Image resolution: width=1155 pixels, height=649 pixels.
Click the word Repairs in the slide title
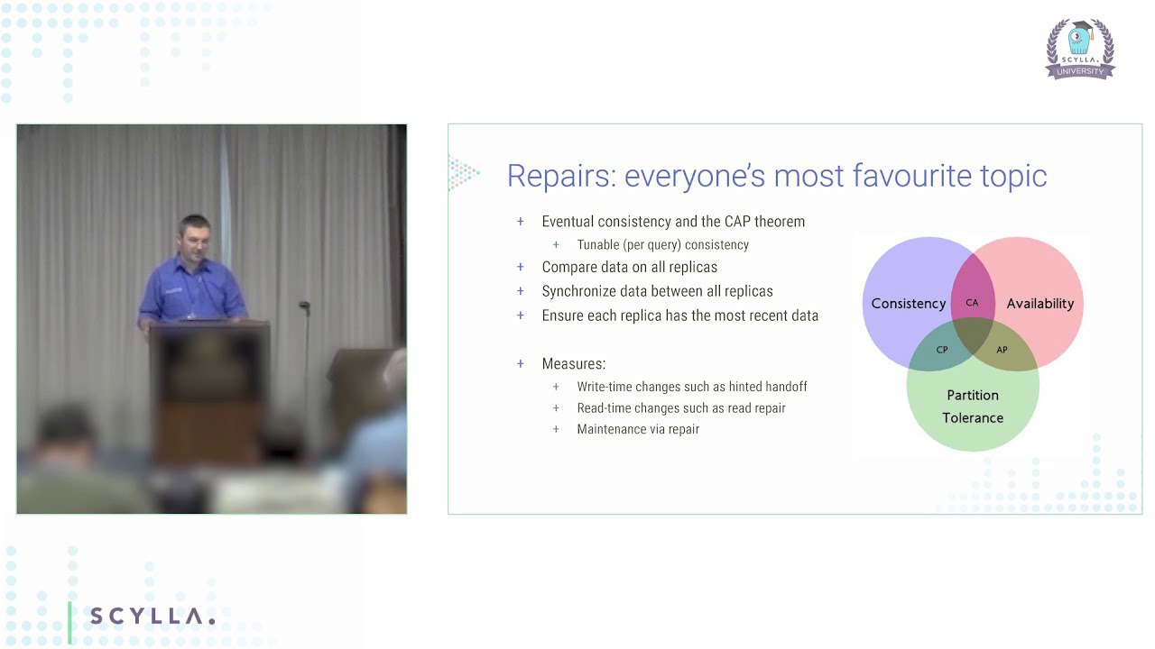(562, 176)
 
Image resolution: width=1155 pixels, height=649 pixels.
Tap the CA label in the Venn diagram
(972, 303)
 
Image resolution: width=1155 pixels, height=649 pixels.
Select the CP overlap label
(942, 350)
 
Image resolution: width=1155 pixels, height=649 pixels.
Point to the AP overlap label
(1002, 350)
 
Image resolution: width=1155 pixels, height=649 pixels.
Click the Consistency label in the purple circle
(909, 304)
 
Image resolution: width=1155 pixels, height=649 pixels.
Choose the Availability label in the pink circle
(1040, 304)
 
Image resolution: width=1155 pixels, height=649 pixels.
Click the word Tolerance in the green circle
(973, 417)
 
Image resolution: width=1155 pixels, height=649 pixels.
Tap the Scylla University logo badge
(1080, 49)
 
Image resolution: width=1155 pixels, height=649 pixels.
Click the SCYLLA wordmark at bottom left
(152, 616)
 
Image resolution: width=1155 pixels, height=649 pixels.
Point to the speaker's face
(194, 241)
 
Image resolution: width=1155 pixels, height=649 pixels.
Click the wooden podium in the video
(209, 391)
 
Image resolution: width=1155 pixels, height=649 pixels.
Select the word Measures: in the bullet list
(573, 363)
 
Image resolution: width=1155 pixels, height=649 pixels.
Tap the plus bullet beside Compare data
(521, 267)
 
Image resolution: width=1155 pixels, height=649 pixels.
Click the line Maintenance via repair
(638, 429)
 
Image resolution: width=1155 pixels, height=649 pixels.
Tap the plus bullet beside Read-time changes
(556, 408)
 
